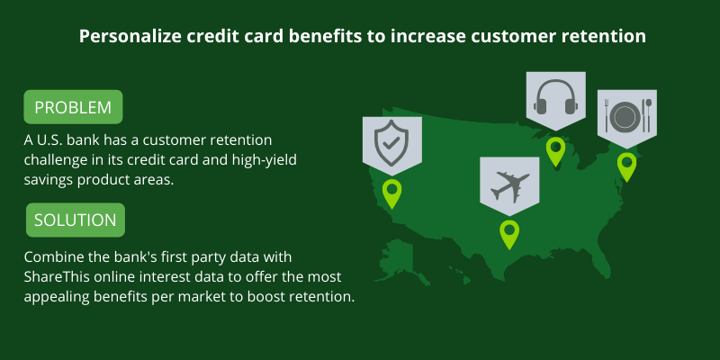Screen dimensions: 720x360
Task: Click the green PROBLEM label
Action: (x=73, y=107)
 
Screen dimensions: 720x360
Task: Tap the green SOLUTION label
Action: (x=76, y=220)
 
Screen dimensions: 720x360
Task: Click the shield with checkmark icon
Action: (x=391, y=143)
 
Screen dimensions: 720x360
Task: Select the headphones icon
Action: (x=555, y=97)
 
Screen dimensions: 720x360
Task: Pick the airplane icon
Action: (x=509, y=185)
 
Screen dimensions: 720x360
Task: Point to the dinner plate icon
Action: (x=626, y=117)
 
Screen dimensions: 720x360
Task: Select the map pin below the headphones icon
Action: (x=555, y=151)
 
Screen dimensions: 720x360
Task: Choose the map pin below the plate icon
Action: (x=626, y=167)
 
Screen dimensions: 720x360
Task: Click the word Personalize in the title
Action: (x=130, y=36)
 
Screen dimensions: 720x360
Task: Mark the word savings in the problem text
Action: (x=49, y=180)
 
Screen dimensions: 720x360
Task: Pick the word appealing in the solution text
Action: (x=57, y=297)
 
